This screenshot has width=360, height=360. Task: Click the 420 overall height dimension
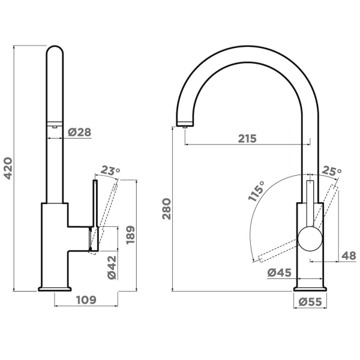coord(8,168)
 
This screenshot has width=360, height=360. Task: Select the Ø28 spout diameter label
coord(80,132)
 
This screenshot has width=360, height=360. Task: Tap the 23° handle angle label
coord(110,170)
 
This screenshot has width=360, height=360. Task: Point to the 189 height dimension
coord(130,235)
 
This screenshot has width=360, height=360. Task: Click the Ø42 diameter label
coord(112,268)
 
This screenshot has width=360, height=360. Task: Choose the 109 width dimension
coord(86,300)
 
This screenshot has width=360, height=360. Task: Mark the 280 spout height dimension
coord(167,209)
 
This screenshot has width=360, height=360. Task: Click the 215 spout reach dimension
coord(247,139)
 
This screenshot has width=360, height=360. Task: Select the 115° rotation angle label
coord(257,191)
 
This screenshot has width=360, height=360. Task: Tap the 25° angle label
coord(332,170)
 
